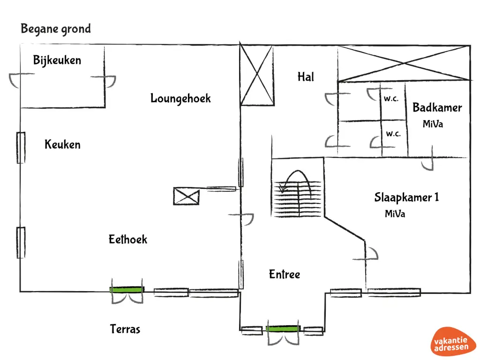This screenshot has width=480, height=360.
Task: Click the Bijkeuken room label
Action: pyautogui.click(x=57, y=60)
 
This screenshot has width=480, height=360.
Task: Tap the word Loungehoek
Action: pyautogui.click(x=180, y=98)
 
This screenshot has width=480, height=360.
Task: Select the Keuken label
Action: pyautogui.click(x=62, y=144)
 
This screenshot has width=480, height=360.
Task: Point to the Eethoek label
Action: pyautogui.click(x=128, y=240)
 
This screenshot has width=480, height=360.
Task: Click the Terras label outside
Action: pyautogui.click(x=125, y=329)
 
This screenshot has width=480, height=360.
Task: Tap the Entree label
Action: pyautogui.click(x=284, y=274)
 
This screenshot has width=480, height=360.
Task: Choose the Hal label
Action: pyautogui.click(x=306, y=77)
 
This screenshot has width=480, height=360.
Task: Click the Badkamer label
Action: pyautogui.click(x=437, y=108)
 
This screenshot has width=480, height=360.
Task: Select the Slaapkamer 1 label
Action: pyautogui.click(x=406, y=197)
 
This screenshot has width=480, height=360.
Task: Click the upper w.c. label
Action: pyautogui.click(x=392, y=99)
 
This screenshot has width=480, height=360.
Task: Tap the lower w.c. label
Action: pyautogui.click(x=393, y=134)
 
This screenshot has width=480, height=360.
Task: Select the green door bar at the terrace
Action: pyautogui.click(x=127, y=290)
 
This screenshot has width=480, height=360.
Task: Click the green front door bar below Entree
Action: pyautogui.click(x=282, y=329)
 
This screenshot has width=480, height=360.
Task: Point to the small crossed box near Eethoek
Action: pyautogui.click(x=186, y=195)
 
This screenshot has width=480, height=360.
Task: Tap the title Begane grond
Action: pyautogui.click(x=56, y=29)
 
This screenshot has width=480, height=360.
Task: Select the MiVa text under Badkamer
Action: pyautogui.click(x=433, y=124)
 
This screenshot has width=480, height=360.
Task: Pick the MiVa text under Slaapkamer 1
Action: pyautogui.click(x=395, y=214)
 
